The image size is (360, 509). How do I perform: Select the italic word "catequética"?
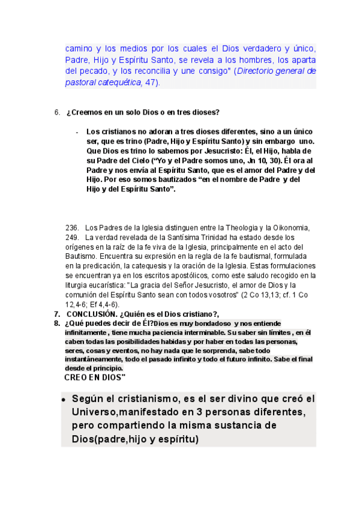point(120,83)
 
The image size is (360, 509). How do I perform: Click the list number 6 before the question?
point(57,112)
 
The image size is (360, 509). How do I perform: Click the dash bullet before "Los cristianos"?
point(77,132)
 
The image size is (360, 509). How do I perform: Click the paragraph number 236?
point(72,227)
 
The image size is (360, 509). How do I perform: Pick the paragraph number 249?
point(72,237)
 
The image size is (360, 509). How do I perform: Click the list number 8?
point(57,323)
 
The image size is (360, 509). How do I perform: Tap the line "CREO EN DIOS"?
point(94,378)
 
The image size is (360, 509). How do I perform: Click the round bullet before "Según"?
point(64,400)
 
